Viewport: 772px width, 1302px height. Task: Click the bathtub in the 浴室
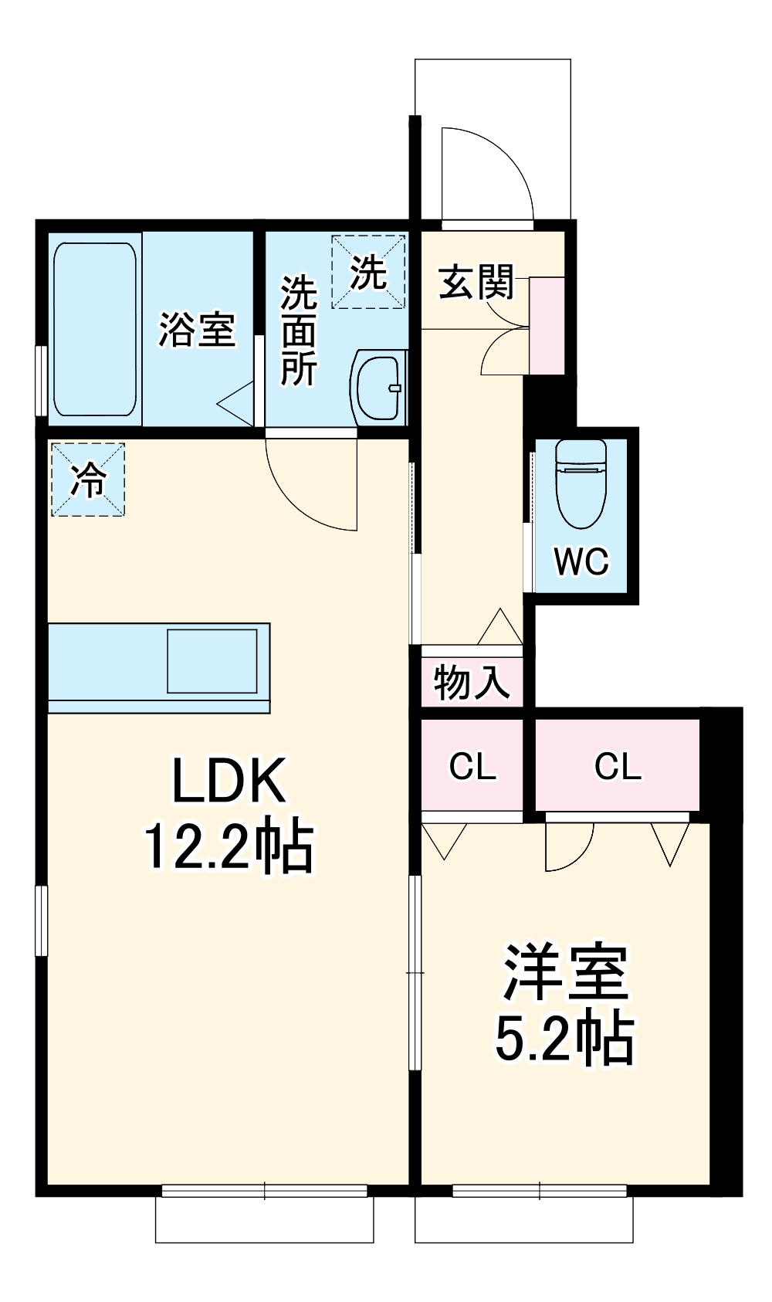click(x=95, y=330)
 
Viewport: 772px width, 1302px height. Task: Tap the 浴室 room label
click(x=197, y=330)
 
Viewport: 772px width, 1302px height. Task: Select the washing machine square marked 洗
click(x=368, y=272)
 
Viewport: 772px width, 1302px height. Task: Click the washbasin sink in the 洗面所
click(x=379, y=386)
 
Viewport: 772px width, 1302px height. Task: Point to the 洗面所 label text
click(x=298, y=331)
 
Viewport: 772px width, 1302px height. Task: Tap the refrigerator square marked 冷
click(x=87, y=480)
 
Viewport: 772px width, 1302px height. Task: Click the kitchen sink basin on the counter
click(x=212, y=661)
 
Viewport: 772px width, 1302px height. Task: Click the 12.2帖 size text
click(x=229, y=847)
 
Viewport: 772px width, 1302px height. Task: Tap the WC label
click(x=581, y=561)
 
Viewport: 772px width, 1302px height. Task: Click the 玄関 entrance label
click(x=476, y=282)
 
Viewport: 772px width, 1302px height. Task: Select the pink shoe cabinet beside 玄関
click(x=547, y=326)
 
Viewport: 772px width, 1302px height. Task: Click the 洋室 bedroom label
click(x=566, y=971)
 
